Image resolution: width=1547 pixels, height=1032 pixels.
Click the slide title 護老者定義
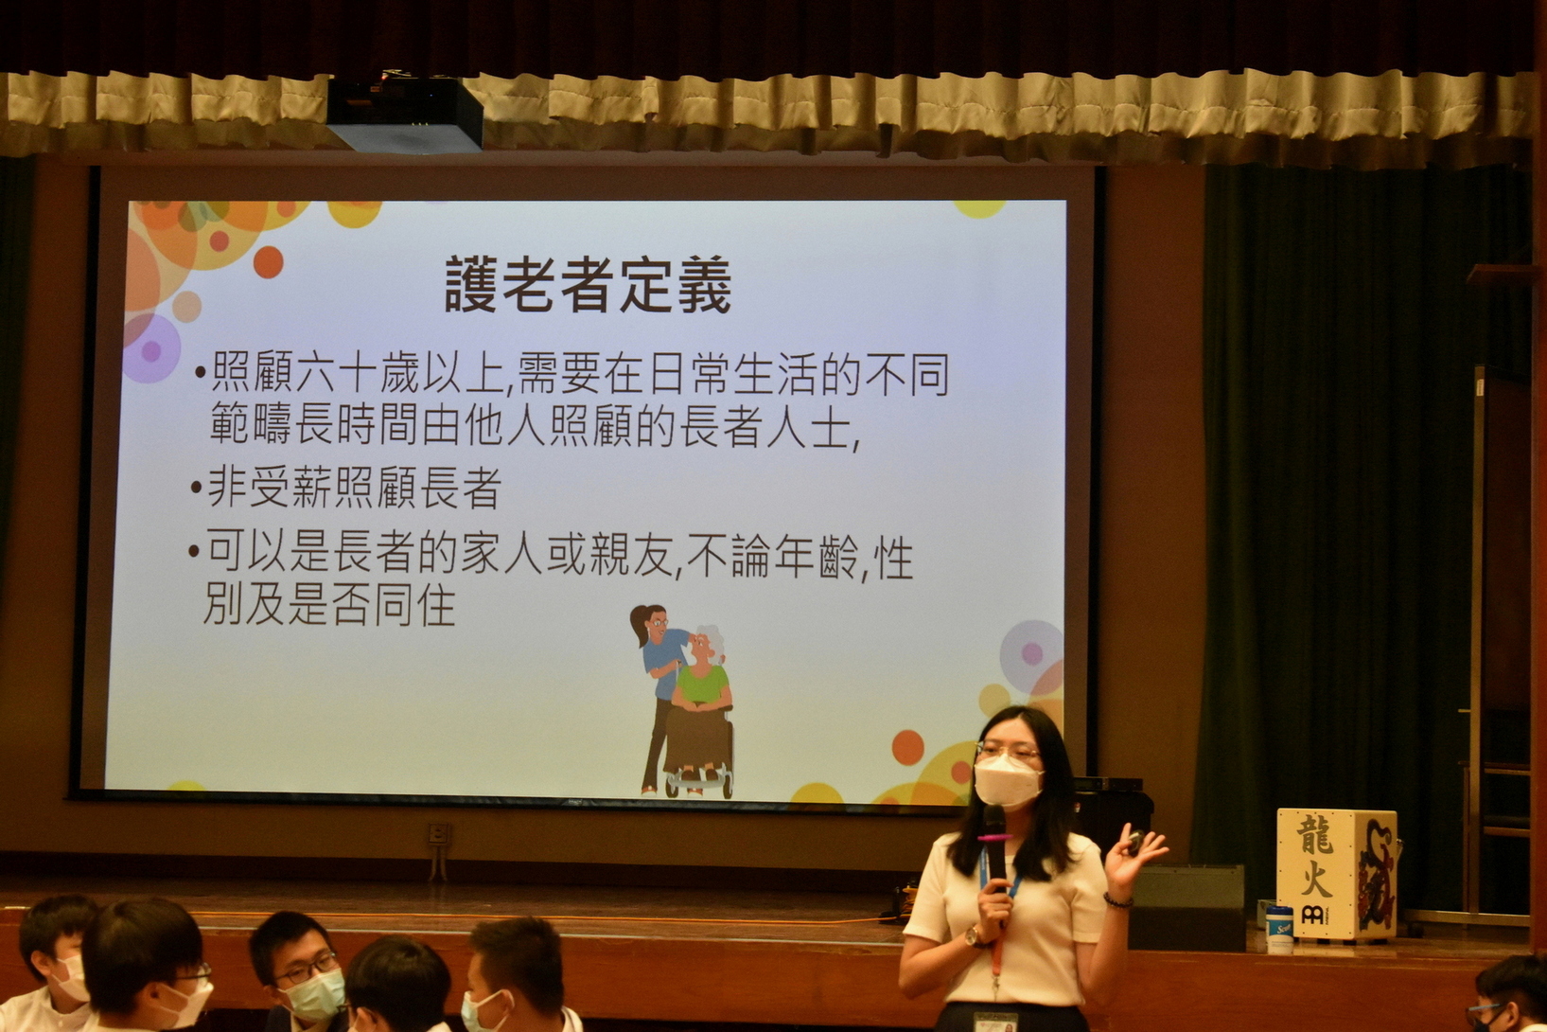588,284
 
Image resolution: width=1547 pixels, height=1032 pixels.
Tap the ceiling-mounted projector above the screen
404,114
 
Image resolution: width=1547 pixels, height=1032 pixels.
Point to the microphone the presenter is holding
995,849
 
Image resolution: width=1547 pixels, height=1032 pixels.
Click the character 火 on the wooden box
1315,880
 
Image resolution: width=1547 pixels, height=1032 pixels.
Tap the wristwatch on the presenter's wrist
973,936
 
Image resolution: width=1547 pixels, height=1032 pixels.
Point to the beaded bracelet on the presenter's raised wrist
1117,900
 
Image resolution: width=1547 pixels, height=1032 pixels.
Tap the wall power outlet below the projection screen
438,834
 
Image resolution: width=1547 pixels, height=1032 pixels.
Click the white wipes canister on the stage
1279,930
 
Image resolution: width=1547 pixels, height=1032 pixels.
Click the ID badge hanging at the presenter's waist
995,1021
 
